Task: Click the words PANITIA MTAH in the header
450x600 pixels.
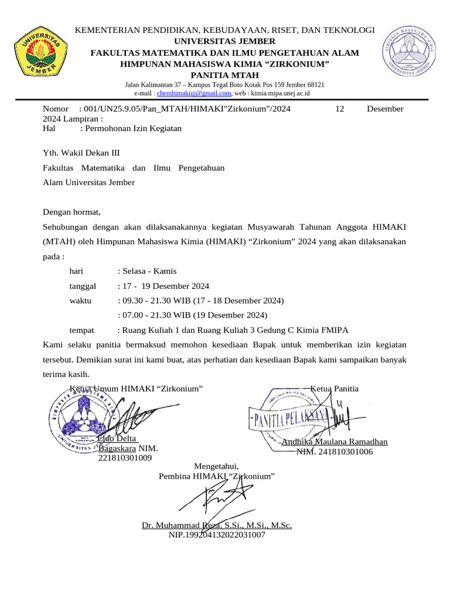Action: point(225,75)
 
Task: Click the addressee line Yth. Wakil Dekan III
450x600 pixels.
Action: point(81,153)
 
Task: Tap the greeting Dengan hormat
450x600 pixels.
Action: point(72,212)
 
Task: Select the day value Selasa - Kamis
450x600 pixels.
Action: point(147,271)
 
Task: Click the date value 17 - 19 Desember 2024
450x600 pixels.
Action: point(163,286)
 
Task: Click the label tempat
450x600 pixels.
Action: point(82,330)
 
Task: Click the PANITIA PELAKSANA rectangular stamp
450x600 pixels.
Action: point(291,418)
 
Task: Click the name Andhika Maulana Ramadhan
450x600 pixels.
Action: point(335,442)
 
